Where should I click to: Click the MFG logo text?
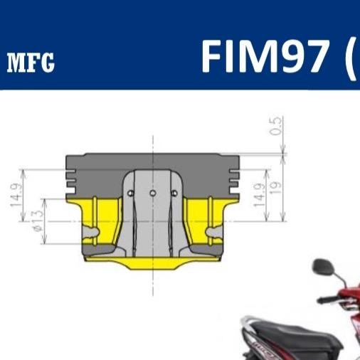pos(31,63)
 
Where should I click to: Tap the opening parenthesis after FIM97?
pos(351,57)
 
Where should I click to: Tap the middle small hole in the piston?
pos(152,193)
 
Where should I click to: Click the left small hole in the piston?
pos(131,193)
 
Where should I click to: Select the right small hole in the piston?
pos(174,193)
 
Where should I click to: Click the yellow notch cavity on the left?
pos(92,233)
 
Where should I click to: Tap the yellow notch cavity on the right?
pos(213,233)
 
